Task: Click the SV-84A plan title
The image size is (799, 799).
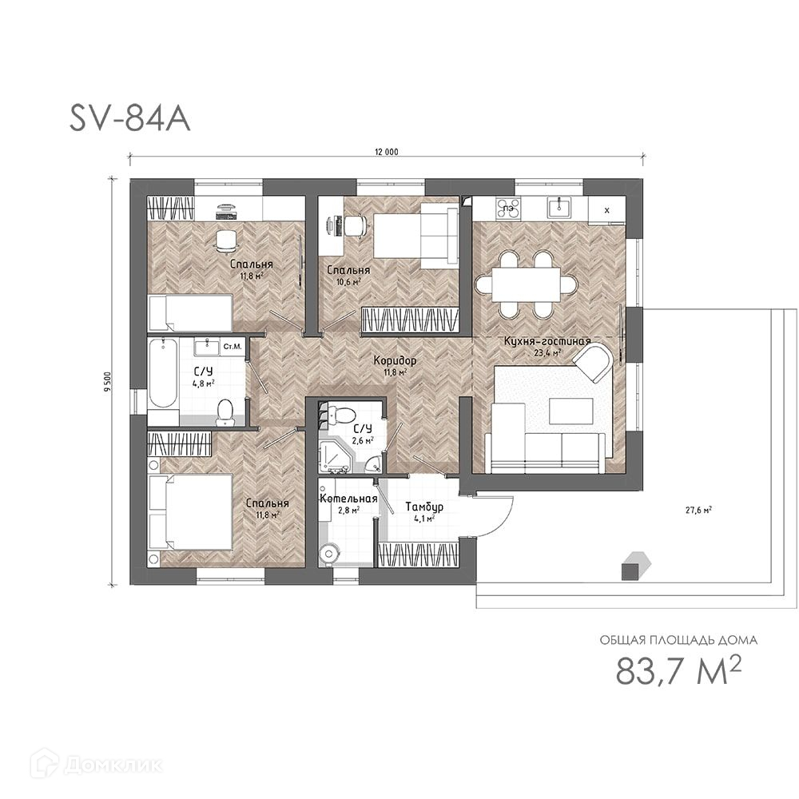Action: tap(130, 119)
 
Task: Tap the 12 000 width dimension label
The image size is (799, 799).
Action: tap(386, 152)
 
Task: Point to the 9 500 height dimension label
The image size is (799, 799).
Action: tap(107, 382)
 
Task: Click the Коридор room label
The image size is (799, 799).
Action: tap(395, 361)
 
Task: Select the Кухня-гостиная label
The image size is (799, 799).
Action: tap(547, 341)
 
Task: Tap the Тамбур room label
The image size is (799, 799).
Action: tap(424, 507)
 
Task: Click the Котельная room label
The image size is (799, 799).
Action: tap(348, 499)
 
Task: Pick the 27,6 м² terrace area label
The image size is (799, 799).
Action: tap(698, 510)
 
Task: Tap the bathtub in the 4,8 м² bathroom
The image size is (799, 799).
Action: tap(163, 373)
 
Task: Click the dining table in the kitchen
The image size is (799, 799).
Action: tap(527, 284)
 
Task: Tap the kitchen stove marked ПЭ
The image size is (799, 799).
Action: tap(508, 208)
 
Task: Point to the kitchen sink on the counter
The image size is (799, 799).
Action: tap(559, 208)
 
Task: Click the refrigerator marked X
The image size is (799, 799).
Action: tap(606, 209)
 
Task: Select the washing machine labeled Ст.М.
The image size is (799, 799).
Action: tap(233, 347)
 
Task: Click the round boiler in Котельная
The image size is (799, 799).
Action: tap(330, 554)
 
